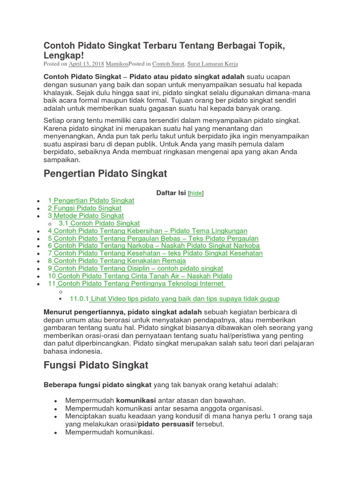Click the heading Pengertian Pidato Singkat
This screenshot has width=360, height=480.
click(105, 174)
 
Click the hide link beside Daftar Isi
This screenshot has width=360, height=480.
click(196, 193)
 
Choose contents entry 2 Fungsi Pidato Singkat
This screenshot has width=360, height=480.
click(87, 208)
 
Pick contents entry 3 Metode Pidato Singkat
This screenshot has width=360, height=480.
click(88, 216)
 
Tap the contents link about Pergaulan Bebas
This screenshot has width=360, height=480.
click(156, 239)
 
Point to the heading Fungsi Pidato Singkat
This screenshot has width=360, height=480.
click(96, 365)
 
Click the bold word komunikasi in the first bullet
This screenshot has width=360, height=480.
click(136, 400)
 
